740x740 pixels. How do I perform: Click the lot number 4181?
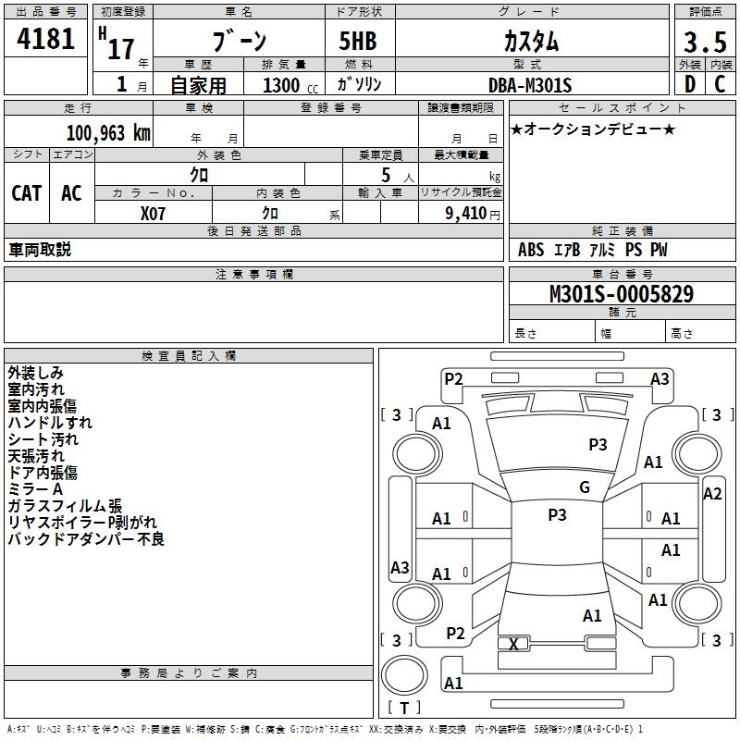[x=46, y=40]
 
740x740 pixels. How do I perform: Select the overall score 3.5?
[x=703, y=43]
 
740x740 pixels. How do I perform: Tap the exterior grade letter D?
[x=689, y=83]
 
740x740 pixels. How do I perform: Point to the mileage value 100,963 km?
[x=107, y=132]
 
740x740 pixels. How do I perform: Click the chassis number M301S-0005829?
[x=621, y=294]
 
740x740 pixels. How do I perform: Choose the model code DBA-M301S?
[x=530, y=85]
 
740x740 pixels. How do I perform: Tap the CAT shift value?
[x=27, y=192]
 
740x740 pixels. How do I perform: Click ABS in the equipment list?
[x=531, y=250]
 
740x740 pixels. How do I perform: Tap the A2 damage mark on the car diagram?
[x=712, y=493]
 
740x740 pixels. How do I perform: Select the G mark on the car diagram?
[x=584, y=487]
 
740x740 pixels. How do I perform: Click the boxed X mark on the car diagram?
[x=513, y=644]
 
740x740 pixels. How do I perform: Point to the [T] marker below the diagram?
[x=403, y=708]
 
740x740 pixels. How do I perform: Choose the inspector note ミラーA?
[x=35, y=489]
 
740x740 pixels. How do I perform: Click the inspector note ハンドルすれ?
[x=50, y=423]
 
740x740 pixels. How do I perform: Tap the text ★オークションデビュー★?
[x=593, y=129]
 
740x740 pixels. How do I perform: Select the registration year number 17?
[x=120, y=48]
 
